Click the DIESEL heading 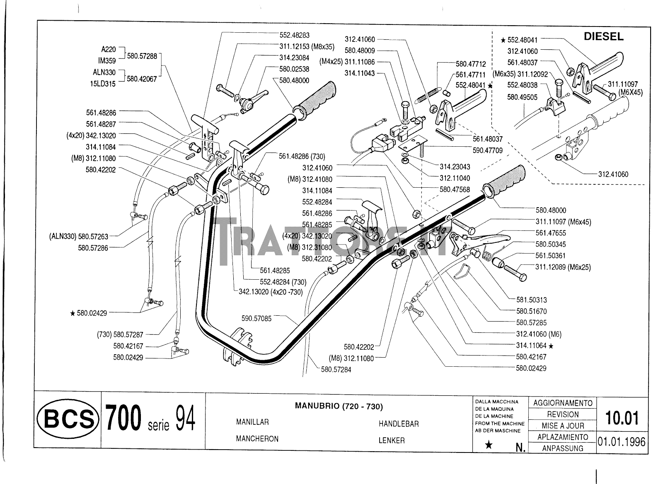pyautogui.click(x=603, y=36)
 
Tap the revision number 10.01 pyautogui.click(x=622, y=418)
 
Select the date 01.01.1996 pyautogui.click(x=621, y=441)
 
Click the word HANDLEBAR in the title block pyautogui.click(x=398, y=424)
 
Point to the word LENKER pyautogui.click(x=391, y=440)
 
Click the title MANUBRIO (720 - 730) pyautogui.click(x=339, y=406)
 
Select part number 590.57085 pyautogui.click(x=256, y=318)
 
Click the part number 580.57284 pyautogui.click(x=336, y=369)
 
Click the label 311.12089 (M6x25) pyautogui.click(x=563, y=267)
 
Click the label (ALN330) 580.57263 pyautogui.click(x=78, y=237)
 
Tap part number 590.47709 pyautogui.click(x=488, y=150)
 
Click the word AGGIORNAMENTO pyautogui.click(x=563, y=403)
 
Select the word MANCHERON pyautogui.click(x=257, y=438)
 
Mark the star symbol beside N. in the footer pyautogui.click(x=489, y=445)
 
